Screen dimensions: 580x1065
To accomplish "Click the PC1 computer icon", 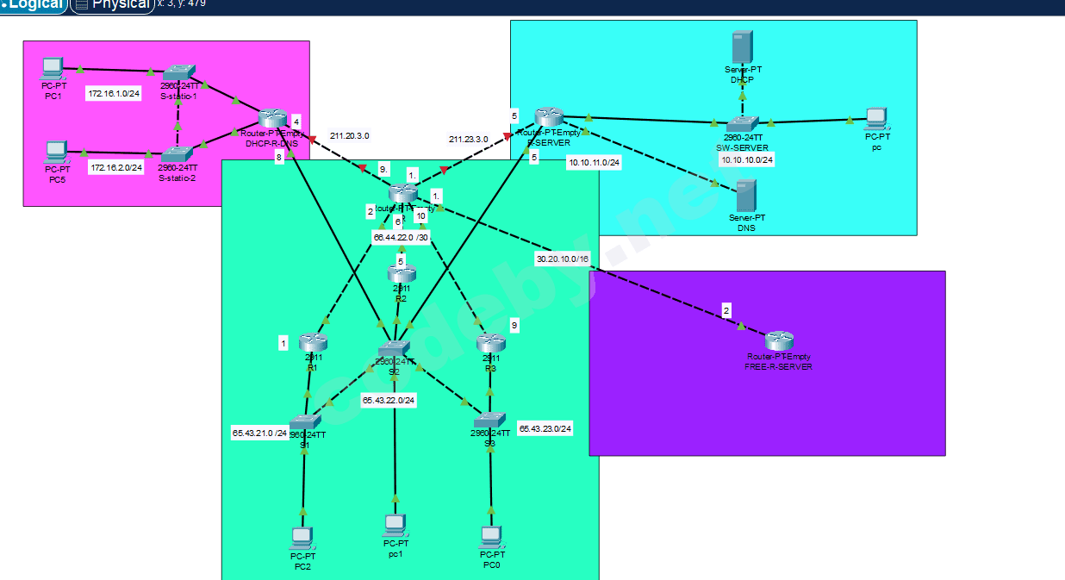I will [53, 67].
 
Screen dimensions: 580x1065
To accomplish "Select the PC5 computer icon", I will [57, 152].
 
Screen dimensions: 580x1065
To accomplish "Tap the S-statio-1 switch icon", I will [179, 72].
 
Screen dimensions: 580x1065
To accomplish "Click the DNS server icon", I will [746, 196].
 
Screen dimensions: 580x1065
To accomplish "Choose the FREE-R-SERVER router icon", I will [778, 340].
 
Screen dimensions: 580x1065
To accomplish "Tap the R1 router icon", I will [313, 342].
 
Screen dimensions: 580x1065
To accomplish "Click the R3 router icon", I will [490, 342].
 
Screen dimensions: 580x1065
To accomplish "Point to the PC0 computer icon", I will [490, 537].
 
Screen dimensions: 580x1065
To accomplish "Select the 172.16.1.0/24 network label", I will [114, 94].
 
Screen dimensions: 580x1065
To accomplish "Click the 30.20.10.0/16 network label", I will [563, 259].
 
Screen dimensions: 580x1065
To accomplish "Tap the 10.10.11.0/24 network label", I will [594, 161].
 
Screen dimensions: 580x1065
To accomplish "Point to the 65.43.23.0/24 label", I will [545, 428].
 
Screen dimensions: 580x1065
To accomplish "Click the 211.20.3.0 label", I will [349, 136].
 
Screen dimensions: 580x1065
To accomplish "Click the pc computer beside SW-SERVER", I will [876, 118].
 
